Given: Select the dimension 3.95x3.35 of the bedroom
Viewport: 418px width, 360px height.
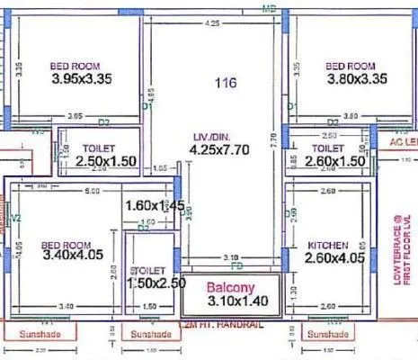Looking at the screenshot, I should click(80, 79).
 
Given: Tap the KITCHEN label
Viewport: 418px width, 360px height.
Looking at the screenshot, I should click(327, 246).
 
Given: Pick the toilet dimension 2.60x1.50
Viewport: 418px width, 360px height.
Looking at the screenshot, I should click(334, 161).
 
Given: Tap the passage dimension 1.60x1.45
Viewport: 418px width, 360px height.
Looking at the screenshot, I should click(155, 206).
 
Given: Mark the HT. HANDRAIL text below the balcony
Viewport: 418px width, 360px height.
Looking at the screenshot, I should click(218, 323).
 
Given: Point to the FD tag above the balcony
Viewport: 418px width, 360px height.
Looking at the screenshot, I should click(236, 266).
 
